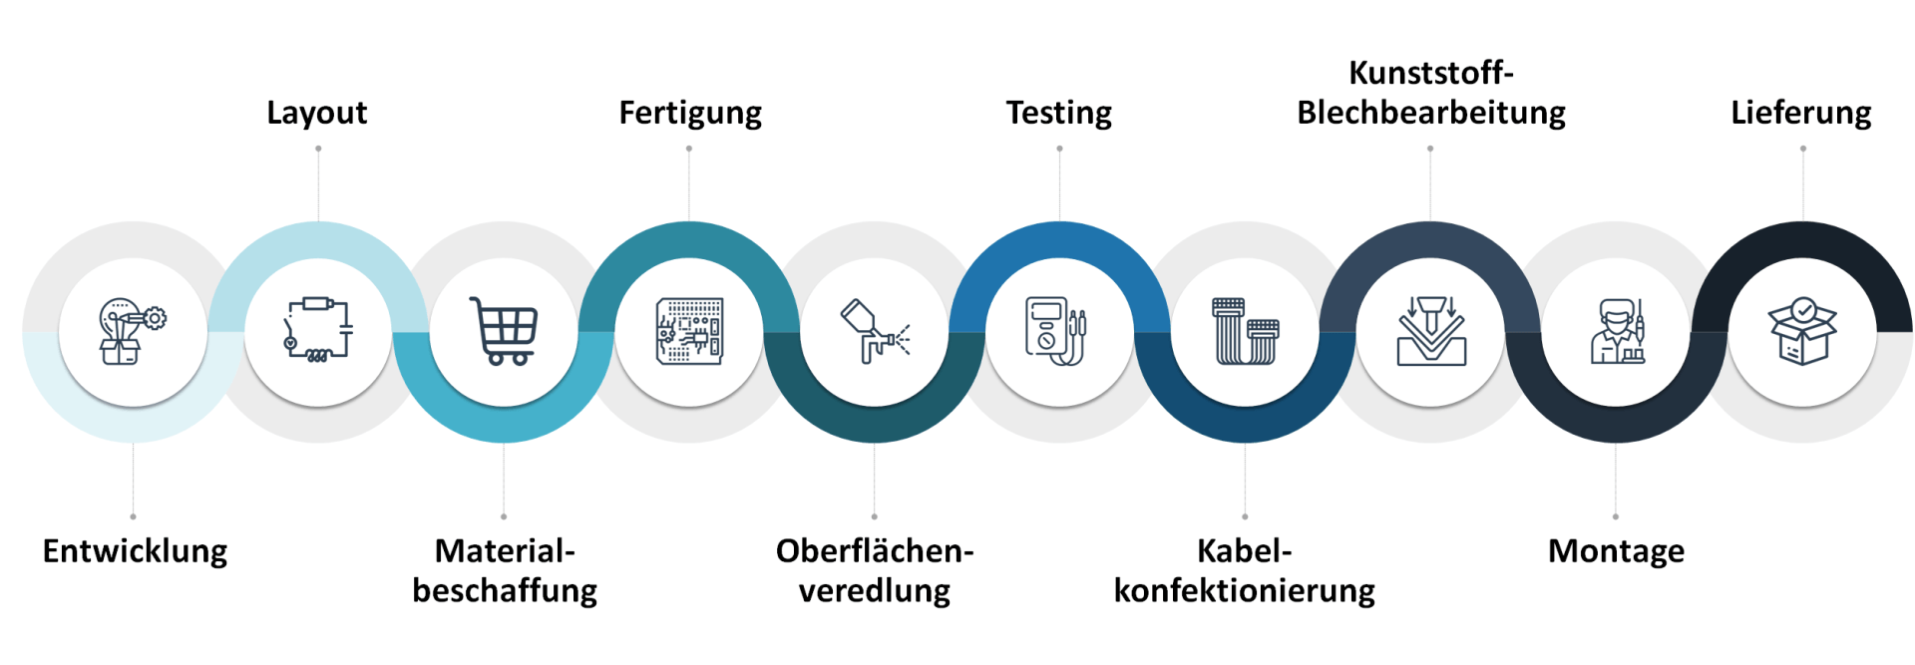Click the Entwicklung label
(135, 551)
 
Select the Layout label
(317, 114)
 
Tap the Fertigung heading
(690, 114)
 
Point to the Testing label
(1059, 114)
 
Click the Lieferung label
(1801, 114)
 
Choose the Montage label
(1616, 552)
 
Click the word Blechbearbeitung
(1431, 113)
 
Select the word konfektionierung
(1245, 591)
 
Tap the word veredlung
(875, 591)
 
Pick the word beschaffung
(505, 591)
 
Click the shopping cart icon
(504, 331)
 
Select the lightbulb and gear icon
(133, 331)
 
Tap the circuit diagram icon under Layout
(318, 330)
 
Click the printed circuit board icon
(689, 331)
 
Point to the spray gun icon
(875, 331)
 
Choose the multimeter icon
(1056, 331)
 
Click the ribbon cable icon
(1246, 331)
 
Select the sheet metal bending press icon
(1431, 331)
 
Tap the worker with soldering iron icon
(1617, 331)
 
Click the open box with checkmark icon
(1802, 331)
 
